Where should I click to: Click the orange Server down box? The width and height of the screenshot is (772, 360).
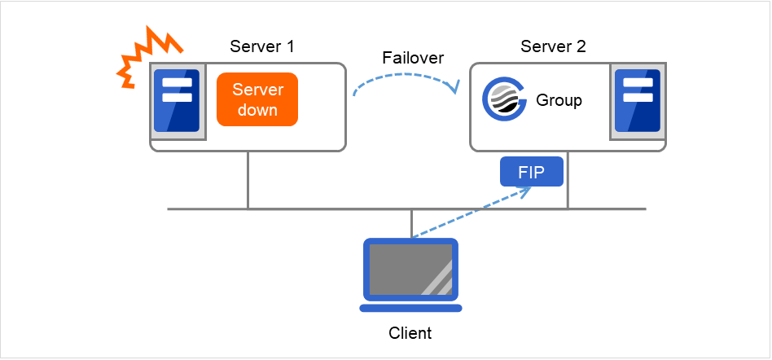[257, 99]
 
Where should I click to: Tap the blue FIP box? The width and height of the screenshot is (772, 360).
[531, 172]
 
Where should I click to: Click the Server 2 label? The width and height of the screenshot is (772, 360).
[553, 46]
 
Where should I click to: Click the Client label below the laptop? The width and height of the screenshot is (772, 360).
[410, 333]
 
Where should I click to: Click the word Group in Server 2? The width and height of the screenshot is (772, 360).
[559, 100]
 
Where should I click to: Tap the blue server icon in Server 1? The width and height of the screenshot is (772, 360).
[177, 100]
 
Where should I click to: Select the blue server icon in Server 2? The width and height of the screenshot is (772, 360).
[636, 100]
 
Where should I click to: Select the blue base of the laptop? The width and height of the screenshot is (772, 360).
[410, 308]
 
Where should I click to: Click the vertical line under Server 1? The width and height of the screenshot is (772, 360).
[248, 180]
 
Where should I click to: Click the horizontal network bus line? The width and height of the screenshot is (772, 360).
[326, 209]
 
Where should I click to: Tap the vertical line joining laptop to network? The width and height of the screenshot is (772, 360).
[411, 223]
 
